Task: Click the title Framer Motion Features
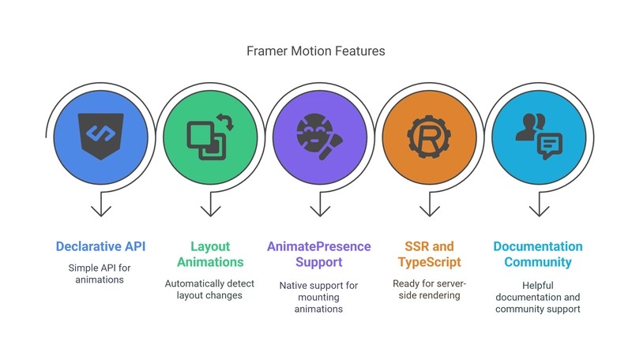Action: point(316,51)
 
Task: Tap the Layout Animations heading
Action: point(210,254)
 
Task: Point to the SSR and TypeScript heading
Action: point(427,254)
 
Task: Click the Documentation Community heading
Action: point(538,254)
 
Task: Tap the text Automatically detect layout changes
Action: point(210,289)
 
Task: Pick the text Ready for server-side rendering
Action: point(427,289)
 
